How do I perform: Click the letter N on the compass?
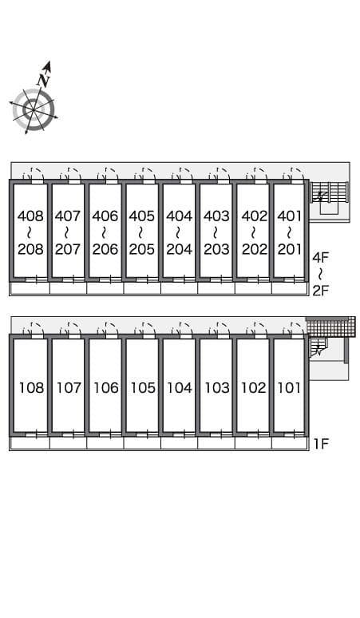43,80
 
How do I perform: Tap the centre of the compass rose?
33,109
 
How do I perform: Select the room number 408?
30,216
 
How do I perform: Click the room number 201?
290,249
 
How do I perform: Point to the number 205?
142,249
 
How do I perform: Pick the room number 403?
216,216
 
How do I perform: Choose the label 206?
105,249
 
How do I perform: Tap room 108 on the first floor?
31,388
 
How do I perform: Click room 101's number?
290,388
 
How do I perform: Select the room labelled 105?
143,388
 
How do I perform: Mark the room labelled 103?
217,388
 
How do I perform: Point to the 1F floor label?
321,444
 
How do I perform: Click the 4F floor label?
321,258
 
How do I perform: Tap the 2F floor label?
321,291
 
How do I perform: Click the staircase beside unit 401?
330,192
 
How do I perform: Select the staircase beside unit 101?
316,347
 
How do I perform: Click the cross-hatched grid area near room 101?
330,327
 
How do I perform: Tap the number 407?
67,216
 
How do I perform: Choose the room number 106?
106,388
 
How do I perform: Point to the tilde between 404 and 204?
178,232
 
